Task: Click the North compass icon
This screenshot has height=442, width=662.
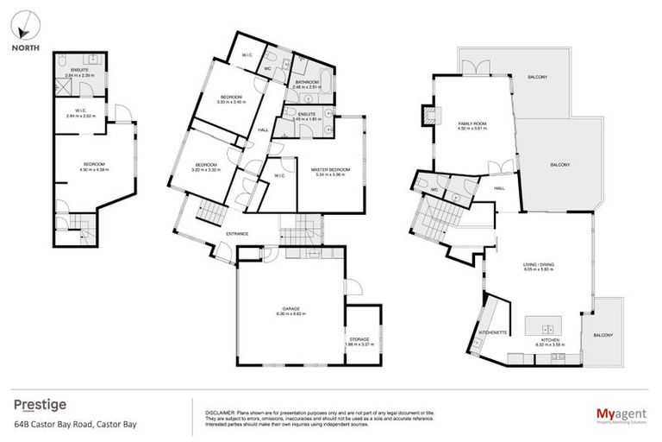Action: [x=23, y=28]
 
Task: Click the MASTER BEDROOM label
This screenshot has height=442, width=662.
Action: [x=331, y=169]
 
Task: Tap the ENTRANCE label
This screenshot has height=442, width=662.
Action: [x=238, y=233]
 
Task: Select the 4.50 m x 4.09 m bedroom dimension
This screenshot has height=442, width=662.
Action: [x=94, y=169]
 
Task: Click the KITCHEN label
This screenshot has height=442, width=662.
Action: [x=548, y=341]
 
